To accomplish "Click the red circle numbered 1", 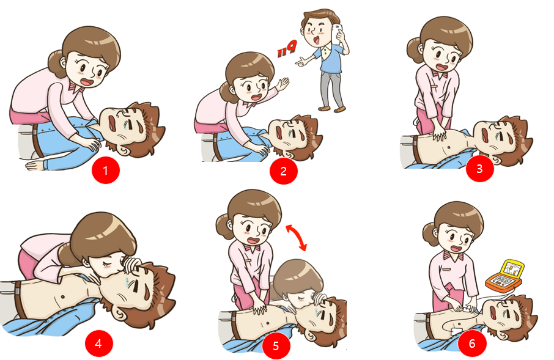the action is point(106,171).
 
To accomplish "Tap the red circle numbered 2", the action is point(283,171).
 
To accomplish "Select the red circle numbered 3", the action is point(479,169).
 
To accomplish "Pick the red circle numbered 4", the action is point(98,343).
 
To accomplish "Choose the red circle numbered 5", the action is point(276,345).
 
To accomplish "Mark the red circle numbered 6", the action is point(472,343).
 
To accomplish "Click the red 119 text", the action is point(287,49).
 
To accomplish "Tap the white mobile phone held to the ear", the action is point(336,34).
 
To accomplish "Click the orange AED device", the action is point(505,276).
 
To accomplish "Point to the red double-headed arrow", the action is point(296,237).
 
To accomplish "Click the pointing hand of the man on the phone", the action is point(301,62).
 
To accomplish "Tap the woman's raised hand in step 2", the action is point(283,84).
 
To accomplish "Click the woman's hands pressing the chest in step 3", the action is point(439,133).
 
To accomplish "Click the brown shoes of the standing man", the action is point(332,108).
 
